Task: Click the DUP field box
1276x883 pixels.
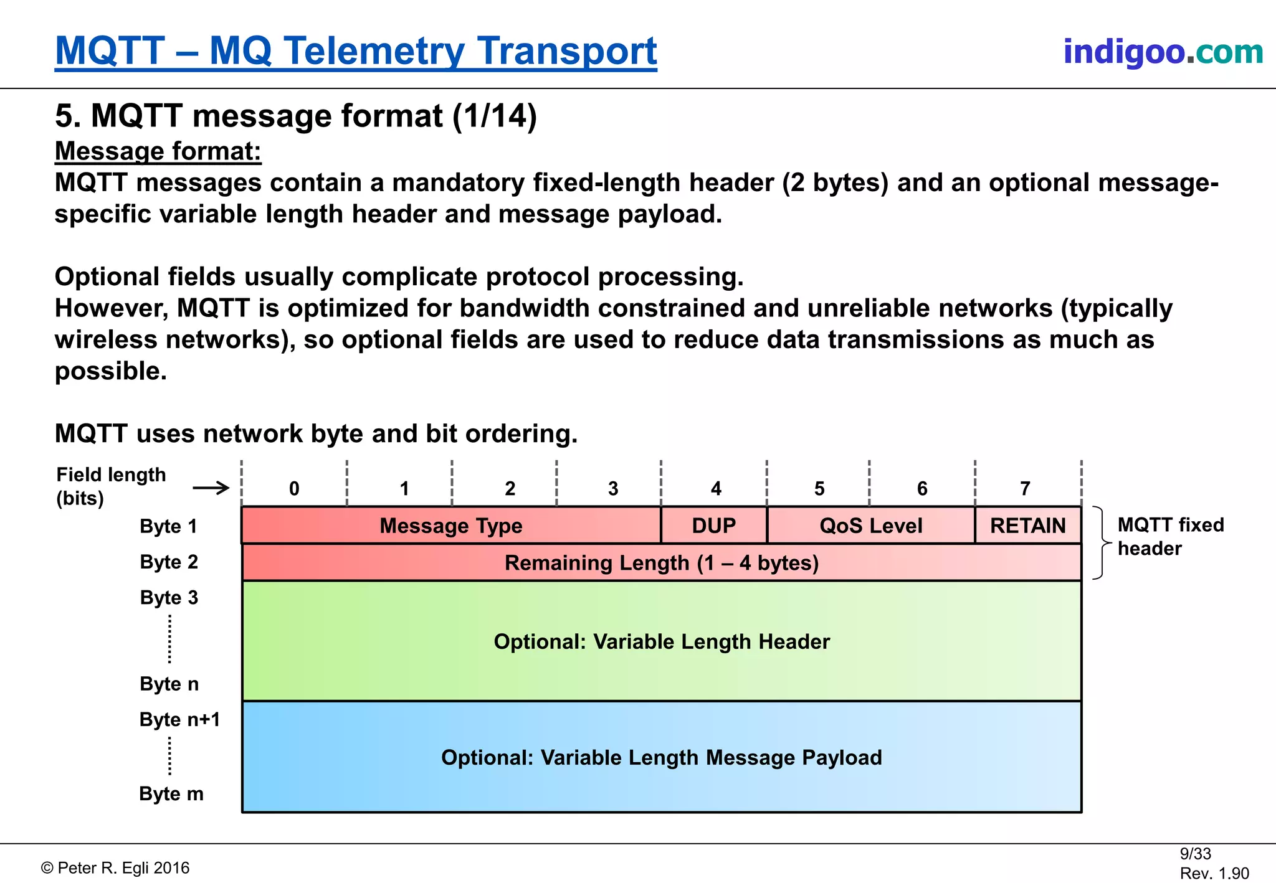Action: point(714,526)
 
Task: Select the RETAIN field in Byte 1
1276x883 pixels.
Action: point(1028,526)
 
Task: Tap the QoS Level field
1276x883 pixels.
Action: point(871,526)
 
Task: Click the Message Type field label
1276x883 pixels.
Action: point(451,526)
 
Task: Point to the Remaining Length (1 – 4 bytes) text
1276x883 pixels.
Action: point(662,563)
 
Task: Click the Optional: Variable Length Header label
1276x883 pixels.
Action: point(662,641)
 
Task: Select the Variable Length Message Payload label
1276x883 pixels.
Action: point(662,757)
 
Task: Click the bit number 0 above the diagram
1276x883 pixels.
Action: point(294,489)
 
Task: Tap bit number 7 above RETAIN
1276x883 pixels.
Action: point(1025,489)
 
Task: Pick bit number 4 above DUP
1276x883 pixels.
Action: point(716,489)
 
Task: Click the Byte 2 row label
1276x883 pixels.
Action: point(169,562)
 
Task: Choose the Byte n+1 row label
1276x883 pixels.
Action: point(179,719)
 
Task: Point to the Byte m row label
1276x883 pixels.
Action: point(171,794)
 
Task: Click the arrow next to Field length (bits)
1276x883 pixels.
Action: point(211,488)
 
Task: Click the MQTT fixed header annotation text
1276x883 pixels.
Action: point(1170,536)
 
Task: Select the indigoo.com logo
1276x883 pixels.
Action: point(1163,51)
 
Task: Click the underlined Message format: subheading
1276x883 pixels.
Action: point(158,151)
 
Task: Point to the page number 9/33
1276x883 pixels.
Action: point(1195,854)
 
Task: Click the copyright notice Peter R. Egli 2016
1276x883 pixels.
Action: point(115,868)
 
